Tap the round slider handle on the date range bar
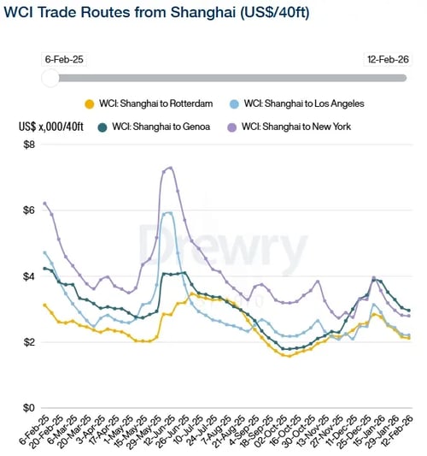click(x=50, y=78)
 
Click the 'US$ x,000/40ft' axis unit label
click(x=50, y=126)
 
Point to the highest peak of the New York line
click(x=170, y=168)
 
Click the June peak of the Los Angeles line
click(x=168, y=212)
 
